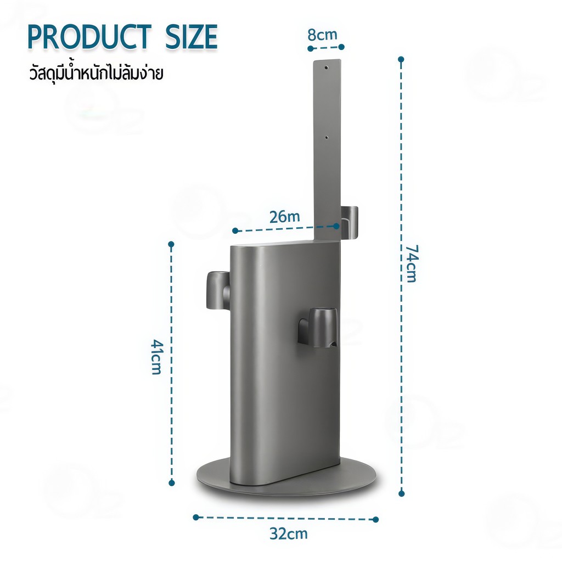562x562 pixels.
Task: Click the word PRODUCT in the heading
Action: click(x=89, y=37)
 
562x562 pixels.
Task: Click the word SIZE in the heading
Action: click(x=191, y=37)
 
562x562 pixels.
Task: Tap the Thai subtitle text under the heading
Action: click(x=96, y=73)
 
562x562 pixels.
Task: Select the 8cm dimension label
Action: click(x=323, y=35)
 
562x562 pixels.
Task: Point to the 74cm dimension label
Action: click(x=412, y=263)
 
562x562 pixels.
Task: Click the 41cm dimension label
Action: click(x=156, y=357)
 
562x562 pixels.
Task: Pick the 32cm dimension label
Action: click(x=289, y=533)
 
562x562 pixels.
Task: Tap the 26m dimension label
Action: click(x=285, y=216)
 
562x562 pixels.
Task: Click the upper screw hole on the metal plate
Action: click(x=326, y=68)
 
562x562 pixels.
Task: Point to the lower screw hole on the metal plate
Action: click(x=326, y=137)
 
